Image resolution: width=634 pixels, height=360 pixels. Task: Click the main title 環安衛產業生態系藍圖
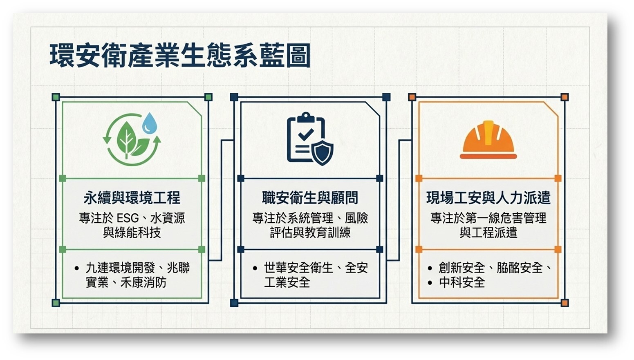[180, 56]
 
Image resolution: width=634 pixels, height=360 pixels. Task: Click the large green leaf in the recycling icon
[126, 139]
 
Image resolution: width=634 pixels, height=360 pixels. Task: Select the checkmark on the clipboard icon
[306, 134]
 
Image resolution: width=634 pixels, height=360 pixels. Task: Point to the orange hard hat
[488, 140]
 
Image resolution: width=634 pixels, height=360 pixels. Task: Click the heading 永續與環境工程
[132, 198]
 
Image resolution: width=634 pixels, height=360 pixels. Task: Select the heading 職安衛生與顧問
[310, 198]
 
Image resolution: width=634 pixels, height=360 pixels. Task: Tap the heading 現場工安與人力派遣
[488, 198]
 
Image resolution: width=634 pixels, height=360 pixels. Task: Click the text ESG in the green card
[128, 218]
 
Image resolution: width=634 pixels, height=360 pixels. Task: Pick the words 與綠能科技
[132, 233]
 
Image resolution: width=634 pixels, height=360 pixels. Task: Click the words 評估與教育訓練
[310, 233]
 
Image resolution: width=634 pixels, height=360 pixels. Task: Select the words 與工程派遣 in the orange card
[488, 233]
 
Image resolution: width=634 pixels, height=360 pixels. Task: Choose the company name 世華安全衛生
[298, 268]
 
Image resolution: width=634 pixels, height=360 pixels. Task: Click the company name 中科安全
[462, 282]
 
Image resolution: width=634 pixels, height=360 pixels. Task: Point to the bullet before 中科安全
[430, 282]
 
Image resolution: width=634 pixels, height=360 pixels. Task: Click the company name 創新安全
[462, 268]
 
